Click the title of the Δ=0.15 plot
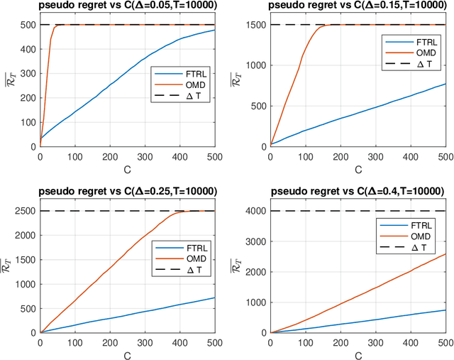pos(357,6)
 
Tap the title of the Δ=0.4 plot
pos(357,192)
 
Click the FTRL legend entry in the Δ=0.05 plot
pos(186,72)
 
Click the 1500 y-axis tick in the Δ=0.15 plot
pos(254,26)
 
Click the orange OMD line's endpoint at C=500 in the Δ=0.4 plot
pos(445,253)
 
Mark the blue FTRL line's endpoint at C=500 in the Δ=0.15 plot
pos(445,84)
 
